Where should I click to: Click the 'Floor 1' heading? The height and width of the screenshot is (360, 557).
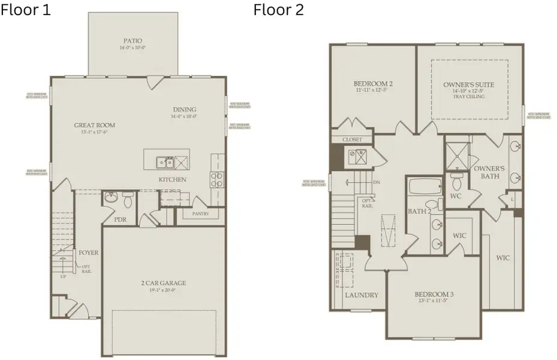[25, 10]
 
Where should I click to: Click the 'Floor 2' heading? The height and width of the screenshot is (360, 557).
[278, 10]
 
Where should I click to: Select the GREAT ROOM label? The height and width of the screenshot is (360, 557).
[94, 125]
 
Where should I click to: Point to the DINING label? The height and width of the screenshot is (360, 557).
[185, 109]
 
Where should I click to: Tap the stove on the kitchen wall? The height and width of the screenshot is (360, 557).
[217, 179]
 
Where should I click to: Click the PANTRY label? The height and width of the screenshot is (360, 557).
[200, 214]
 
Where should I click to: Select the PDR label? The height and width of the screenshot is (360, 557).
[121, 220]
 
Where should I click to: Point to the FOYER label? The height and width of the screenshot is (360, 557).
[89, 253]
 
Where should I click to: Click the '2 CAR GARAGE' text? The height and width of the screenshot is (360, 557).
[164, 283]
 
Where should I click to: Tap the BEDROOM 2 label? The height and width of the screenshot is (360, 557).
[373, 83]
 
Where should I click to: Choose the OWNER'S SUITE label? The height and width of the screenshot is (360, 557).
[469, 85]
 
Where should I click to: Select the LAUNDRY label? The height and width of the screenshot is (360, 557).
[362, 295]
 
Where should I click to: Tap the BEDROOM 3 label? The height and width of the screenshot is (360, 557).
[434, 294]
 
